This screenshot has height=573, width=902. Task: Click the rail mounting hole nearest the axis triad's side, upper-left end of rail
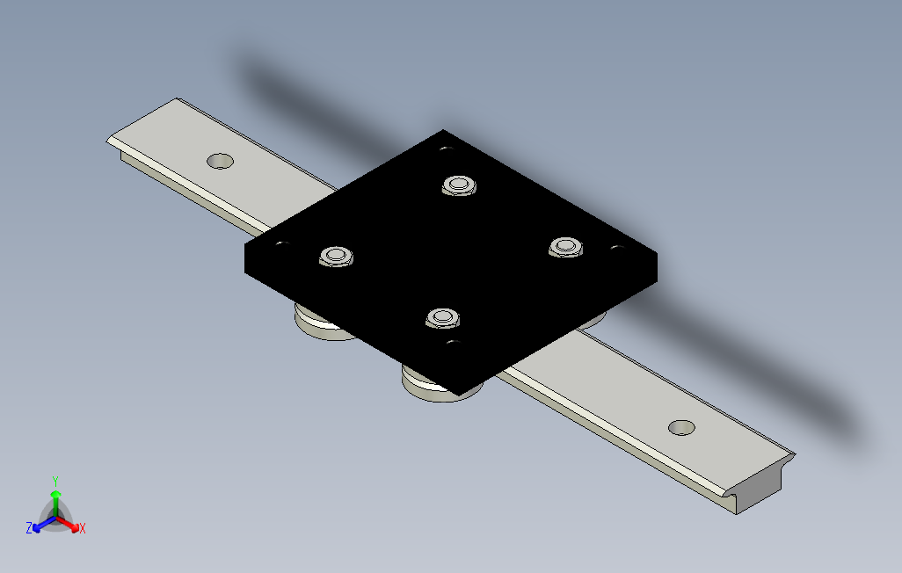click(220, 161)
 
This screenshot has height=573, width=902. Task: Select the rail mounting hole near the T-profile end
click(681, 427)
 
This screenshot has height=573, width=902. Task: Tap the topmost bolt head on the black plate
click(459, 185)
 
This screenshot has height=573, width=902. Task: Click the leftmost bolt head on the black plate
click(337, 256)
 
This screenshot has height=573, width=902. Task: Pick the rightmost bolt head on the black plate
click(566, 247)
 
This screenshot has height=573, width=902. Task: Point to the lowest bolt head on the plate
click(442, 317)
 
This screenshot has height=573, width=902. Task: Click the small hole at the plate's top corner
click(447, 149)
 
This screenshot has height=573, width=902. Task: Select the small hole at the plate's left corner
click(282, 244)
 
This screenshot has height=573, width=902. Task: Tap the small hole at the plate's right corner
click(617, 248)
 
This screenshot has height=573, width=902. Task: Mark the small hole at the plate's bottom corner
click(454, 344)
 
